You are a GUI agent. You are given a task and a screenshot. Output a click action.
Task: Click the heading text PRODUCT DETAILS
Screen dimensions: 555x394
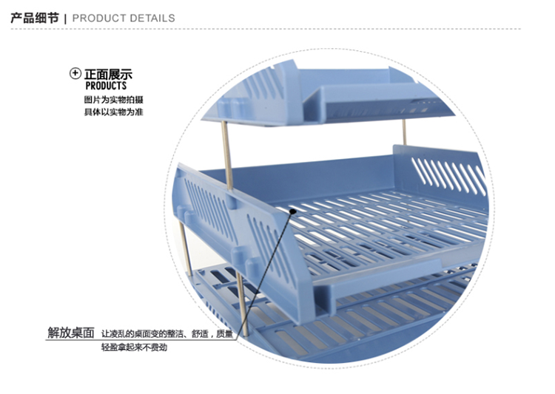(124, 18)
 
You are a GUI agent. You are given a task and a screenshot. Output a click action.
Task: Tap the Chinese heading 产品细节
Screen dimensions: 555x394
(35, 18)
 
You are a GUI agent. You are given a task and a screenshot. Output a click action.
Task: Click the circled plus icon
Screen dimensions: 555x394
(75, 73)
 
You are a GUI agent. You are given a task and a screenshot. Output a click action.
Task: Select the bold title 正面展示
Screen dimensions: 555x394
(108, 74)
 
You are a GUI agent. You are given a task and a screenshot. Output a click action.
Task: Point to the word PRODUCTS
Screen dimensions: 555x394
(106, 86)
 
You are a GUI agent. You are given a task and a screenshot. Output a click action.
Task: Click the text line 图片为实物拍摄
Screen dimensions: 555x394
(114, 99)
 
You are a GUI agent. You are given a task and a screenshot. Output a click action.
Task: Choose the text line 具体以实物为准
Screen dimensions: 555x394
(114, 112)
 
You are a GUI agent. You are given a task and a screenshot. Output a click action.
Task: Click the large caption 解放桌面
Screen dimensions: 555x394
(71, 333)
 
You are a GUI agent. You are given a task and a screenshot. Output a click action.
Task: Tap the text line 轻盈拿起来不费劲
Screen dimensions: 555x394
(134, 347)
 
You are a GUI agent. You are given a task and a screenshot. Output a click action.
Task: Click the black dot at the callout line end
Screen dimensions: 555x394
(293, 211)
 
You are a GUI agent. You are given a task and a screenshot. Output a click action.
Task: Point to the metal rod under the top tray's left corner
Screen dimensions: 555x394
(227, 156)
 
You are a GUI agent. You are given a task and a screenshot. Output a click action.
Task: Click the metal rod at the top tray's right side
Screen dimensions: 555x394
(404, 132)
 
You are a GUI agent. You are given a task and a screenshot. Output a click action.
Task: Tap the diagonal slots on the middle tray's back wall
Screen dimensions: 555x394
(448, 176)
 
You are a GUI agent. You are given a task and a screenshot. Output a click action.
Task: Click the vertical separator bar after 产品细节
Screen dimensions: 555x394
(65, 18)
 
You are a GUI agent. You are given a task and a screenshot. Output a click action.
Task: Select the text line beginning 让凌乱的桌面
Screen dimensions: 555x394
(167, 333)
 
